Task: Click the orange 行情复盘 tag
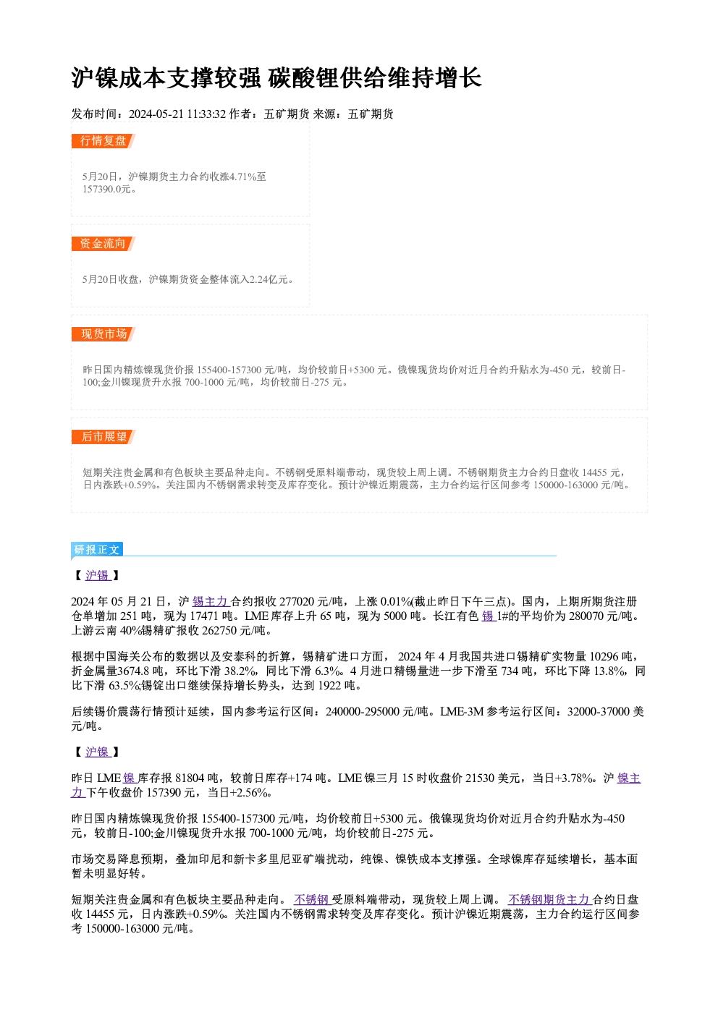click(104, 141)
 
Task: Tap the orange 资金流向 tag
click(104, 244)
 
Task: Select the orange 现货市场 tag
click(104, 334)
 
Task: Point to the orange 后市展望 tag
click(104, 437)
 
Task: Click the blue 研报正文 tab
click(97, 550)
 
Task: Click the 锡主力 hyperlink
click(211, 602)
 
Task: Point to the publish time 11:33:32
click(206, 114)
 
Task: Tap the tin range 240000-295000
click(363, 711)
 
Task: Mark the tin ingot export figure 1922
click(329, 686)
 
